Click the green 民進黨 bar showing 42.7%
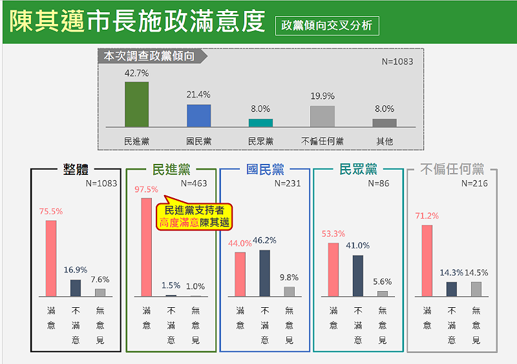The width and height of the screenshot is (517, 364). [136, 104]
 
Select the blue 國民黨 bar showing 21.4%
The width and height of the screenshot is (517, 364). [198, 116]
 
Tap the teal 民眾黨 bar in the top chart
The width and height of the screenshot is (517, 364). [260, 123]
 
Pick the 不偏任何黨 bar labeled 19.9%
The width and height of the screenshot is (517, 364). [322, 116]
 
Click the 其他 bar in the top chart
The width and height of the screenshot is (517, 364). [385, 123]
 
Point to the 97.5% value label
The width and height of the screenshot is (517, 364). [146, 189]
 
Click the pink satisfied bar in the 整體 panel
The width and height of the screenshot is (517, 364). [51, 258]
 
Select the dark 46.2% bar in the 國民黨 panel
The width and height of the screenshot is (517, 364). [265, 273]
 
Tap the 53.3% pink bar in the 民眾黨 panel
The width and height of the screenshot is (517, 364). [333, 269]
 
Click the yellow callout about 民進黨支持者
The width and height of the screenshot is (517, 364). [196, 216]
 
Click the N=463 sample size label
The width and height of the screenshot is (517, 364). [194, 183]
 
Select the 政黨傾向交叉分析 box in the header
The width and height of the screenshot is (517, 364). [326, 26]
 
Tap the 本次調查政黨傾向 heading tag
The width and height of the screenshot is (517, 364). [150, 56]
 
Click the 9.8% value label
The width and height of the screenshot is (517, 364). [289, 278]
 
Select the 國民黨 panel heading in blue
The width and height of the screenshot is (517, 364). [265, 170]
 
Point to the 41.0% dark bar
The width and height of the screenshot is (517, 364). [358, 276]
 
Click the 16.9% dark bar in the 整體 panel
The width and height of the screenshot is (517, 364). [76, 287]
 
